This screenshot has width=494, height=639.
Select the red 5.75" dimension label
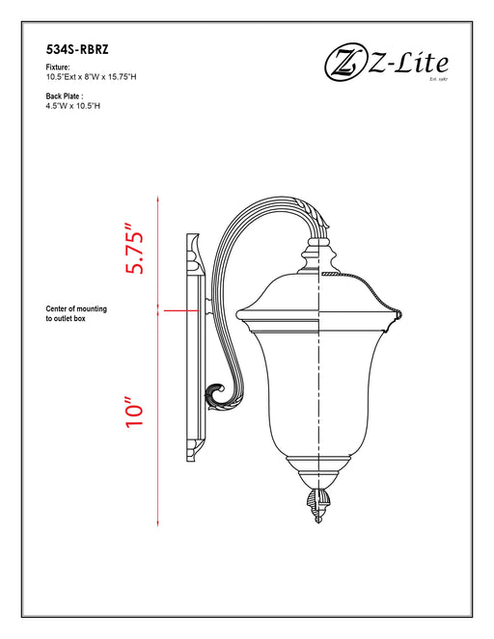134,252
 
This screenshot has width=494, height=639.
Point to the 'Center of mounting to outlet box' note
77,312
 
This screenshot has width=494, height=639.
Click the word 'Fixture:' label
58,67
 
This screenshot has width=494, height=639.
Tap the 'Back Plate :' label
64,96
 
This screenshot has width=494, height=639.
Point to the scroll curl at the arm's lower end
218,393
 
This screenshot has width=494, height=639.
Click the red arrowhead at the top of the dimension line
157,198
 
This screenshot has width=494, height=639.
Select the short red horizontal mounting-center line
182,310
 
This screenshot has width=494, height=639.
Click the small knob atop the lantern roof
317,255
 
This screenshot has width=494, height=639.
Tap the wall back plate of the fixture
194,347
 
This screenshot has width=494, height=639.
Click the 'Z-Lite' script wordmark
405,64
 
